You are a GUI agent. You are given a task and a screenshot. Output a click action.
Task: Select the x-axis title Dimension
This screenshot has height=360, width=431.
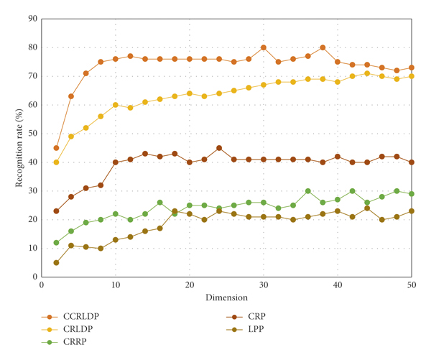pos(226,297)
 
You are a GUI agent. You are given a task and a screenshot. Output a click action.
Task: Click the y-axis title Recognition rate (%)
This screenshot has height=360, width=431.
pos(19,147)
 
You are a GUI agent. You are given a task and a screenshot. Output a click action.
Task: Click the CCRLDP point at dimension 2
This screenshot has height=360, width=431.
pos(56,148)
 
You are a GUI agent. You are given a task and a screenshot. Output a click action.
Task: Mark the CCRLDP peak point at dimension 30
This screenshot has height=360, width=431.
pos(264,47)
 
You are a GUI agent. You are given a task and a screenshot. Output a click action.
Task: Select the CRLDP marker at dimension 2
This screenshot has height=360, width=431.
pos(56,162)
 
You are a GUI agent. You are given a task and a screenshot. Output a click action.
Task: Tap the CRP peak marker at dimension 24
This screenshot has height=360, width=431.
pos(219,148)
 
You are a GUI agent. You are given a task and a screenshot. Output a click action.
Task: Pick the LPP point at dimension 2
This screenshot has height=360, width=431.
pos(56,262)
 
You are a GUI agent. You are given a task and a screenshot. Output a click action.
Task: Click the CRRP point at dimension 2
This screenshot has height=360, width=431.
pos(56,242)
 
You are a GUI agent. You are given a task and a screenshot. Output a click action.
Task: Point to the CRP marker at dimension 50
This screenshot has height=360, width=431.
pos(412,162)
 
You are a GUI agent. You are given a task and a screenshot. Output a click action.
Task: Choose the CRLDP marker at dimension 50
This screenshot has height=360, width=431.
pos(412,76)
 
